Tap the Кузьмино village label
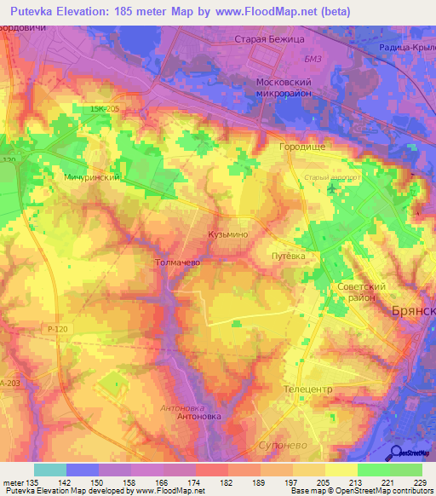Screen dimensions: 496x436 coord(227,233)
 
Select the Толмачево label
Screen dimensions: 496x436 coord(178,263)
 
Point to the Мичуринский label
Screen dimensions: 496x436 coord(90,177)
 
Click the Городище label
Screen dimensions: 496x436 coord(301,147)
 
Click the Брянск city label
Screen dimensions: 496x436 coord(414,313)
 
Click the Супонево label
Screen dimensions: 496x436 coord(282,446)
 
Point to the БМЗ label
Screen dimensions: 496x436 coord(290,58)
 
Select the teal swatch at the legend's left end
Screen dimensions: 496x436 coord(50,470)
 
